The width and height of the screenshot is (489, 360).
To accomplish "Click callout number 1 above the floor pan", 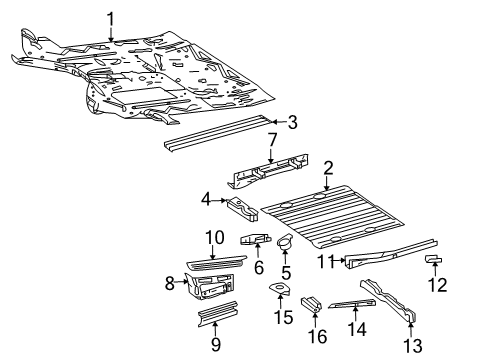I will click(111, 17).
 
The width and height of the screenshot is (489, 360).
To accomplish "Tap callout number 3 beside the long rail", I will click(292, 123).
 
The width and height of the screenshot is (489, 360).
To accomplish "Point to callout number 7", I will click(271, 140).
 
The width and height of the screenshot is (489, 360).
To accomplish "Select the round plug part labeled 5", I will click(283, 239).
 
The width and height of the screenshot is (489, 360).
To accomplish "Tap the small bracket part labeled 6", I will click(251, 239).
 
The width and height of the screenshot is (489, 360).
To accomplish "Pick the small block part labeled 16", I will click(311, 301).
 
